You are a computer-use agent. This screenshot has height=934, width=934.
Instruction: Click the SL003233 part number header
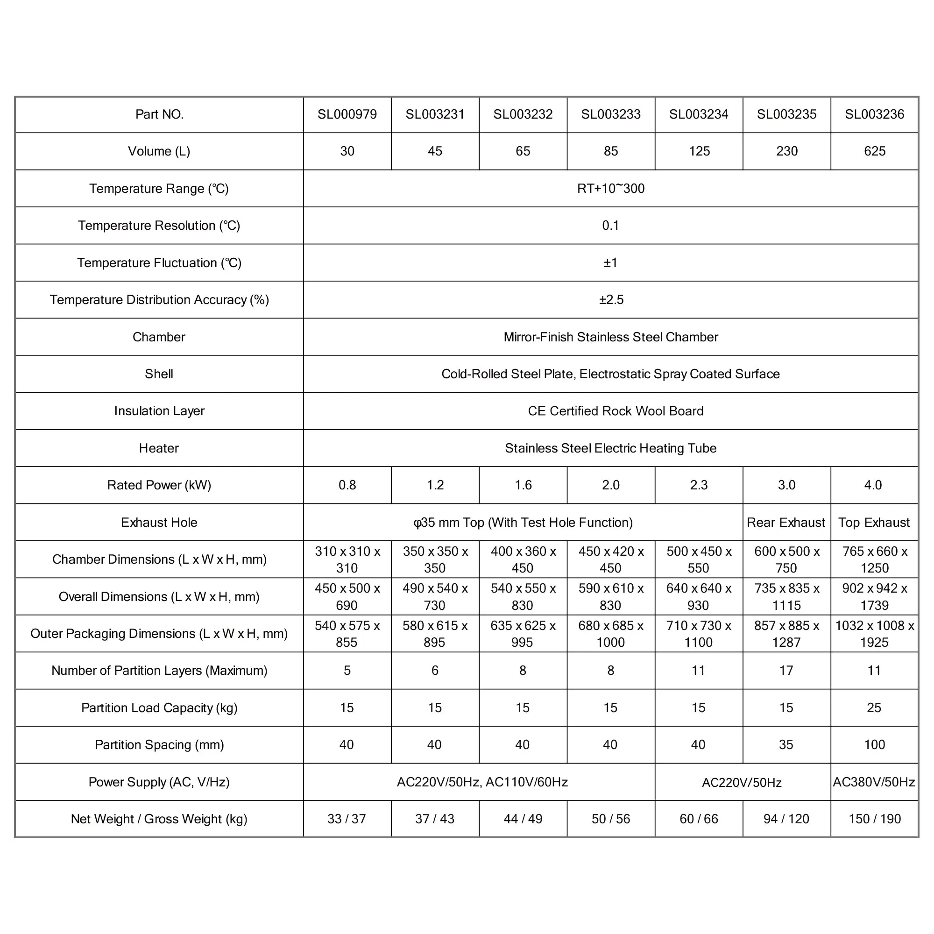pos(610,114)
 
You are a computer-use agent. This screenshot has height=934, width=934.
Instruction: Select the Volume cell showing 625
pos(875,151)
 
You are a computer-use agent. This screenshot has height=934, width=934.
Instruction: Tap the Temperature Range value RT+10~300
pos(610,189)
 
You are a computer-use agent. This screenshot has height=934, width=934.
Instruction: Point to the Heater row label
pos(159,448)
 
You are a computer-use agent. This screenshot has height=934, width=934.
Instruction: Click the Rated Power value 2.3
pos(699,485)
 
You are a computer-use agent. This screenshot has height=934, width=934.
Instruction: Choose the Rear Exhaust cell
pos(786,523)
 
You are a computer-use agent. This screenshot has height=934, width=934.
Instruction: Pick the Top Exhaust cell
pos(874,523)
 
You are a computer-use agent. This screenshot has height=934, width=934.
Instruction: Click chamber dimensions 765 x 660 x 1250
pos(875,559)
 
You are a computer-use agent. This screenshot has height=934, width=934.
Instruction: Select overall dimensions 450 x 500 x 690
pos(347,596)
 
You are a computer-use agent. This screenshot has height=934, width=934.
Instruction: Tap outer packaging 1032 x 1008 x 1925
pos(875,634)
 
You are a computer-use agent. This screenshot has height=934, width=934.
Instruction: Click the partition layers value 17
pos(786,671)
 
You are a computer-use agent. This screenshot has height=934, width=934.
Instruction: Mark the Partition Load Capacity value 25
pos(874,708)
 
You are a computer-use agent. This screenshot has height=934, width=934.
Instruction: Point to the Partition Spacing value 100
pos(875,745)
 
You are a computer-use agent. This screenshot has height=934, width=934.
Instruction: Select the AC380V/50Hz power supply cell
pos(874,782)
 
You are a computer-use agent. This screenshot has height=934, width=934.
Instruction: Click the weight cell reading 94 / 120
pos(786,819)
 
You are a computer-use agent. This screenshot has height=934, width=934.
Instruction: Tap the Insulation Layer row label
pos(159,411)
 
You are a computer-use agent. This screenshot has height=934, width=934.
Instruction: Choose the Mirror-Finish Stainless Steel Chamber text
pos(610,337)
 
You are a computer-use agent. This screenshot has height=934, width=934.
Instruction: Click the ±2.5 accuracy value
pos(611,300)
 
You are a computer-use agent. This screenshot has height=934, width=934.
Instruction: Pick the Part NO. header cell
pos(159,114)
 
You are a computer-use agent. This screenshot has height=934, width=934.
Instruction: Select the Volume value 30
pos(347,151)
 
